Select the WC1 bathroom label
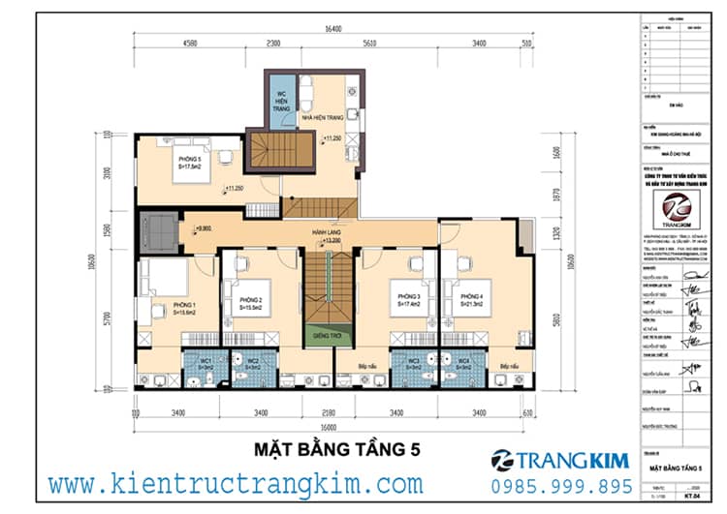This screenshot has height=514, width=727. [x=205, y=362]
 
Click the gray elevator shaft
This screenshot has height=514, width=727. [x=157, y=232]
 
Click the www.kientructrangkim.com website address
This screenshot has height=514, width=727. [x=235, y=483]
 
